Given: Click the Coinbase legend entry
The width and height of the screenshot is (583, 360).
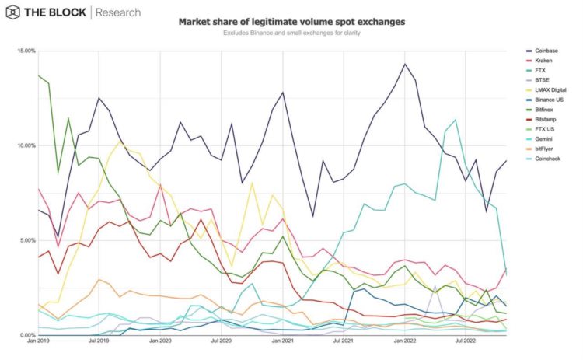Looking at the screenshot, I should click(x=546, y=51).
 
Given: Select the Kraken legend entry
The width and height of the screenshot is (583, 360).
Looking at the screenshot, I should click(x=544, y=61).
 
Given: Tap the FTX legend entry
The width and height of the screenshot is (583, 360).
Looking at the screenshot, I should click(x=541, y=71).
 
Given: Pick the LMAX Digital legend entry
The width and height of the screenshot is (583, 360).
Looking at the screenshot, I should click(x=550, y=90).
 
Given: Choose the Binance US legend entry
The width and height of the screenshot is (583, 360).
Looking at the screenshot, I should click(x=550, y=100).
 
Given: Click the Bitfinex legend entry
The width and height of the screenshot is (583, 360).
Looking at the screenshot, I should click(x=545, y=110).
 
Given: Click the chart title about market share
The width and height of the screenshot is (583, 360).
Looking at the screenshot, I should click(x=291, y=23).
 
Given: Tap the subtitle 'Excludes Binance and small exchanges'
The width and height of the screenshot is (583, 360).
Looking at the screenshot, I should click(x=291, y=33).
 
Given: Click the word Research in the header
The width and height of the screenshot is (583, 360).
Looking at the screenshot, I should click(x=119, y=12).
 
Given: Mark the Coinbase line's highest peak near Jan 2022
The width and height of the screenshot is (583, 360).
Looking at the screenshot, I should click(x=405, y=64).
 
